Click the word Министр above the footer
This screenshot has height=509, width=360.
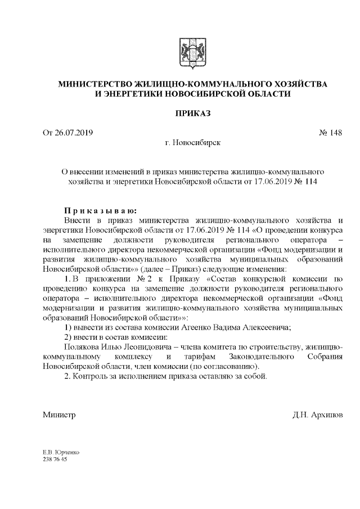click(x=59, y=415)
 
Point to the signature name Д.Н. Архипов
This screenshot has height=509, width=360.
click(x=317, y=415)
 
